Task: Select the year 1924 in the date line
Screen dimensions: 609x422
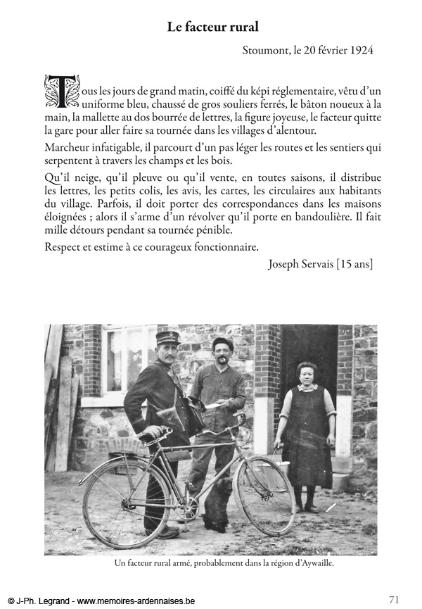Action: (359, 50)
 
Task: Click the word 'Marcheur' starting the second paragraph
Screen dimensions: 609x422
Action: (68, 147)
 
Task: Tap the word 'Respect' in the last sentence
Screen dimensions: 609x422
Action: (64, 246)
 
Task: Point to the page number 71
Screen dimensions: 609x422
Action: (394, 600)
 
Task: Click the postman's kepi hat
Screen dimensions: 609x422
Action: (167, 338)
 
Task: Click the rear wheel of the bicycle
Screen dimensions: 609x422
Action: (126, 501)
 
